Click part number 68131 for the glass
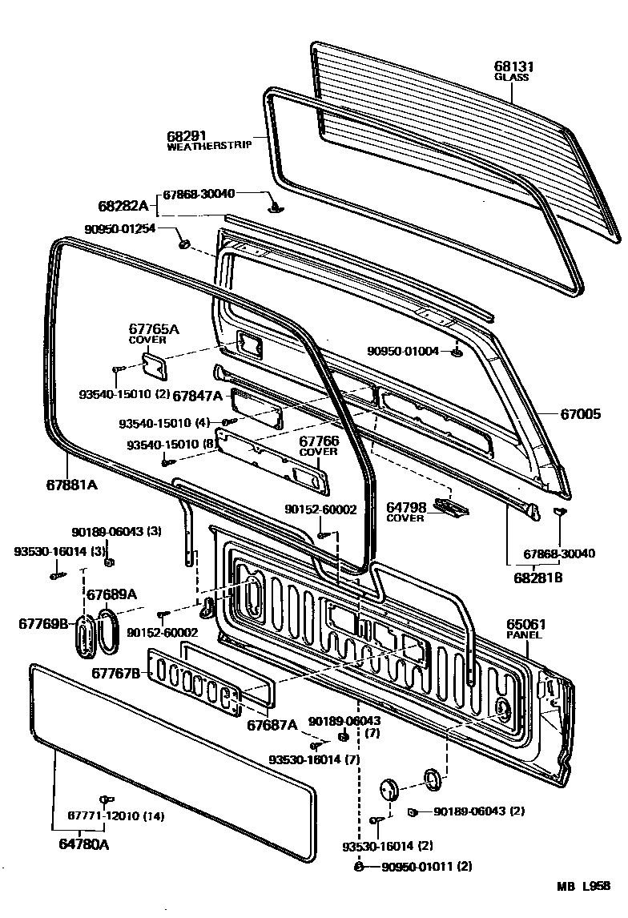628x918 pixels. (513, 67)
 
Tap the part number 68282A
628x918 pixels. (123, 206)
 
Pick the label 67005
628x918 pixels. (580, 413)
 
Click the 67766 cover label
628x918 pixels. (319, 441)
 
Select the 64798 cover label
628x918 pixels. (405, 507)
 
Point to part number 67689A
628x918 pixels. (111, 594)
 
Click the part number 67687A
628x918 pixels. (272, 725)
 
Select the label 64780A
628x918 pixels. (83, 844)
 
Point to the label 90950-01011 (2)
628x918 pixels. (426, 866)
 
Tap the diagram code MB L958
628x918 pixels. (584, 886)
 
